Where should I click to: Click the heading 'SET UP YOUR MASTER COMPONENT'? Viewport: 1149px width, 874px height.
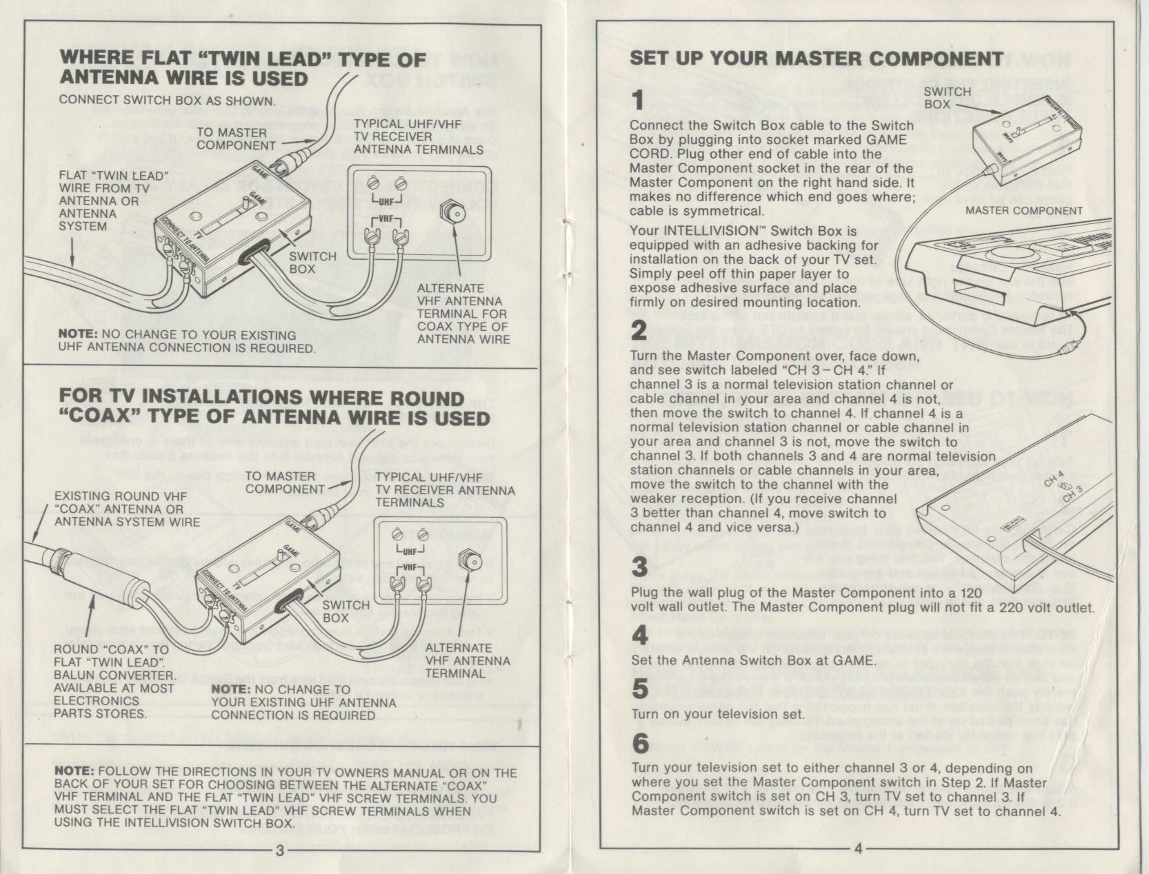click(x=816, y=59)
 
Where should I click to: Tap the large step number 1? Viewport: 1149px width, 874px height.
click(x=639, y=100)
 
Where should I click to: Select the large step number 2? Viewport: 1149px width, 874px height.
click(x=639, y=330)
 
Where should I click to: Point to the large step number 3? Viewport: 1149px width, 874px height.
click(x=640, y=567)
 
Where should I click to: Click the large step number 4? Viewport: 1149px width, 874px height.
click(x=640, y=635)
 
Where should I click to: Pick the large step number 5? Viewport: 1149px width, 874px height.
click(x=640, y=688)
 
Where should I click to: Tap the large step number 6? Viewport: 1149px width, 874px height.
click(x=641, y=743)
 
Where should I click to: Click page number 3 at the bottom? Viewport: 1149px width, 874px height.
click(x=280, y=851)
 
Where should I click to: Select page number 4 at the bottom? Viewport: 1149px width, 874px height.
click(x=858, y=849)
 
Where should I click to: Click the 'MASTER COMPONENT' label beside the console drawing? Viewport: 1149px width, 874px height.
click(x=1023, y=211)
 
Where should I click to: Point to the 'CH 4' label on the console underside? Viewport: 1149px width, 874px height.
click(x=1054, y=478)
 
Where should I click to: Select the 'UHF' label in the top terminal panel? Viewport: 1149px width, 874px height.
click(x=386, y=202)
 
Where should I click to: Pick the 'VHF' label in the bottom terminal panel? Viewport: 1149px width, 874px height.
click(x=410, y=567)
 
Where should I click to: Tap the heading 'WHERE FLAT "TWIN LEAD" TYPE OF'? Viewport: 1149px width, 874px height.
click(x=243, y=59)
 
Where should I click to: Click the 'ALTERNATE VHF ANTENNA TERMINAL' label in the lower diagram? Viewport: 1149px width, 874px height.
click(x=467, y=660)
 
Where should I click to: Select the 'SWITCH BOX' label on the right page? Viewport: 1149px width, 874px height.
click(x=947, y=98)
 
